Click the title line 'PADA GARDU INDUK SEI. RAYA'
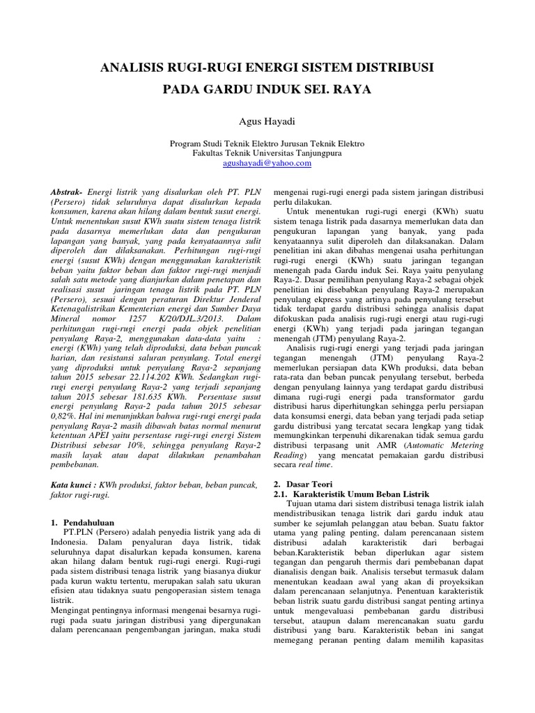[x=267, y=90]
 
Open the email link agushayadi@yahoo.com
[x=267, y=163]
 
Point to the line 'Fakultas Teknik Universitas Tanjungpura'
[x=267, y=153]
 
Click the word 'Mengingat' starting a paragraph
[x=73, y=609]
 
